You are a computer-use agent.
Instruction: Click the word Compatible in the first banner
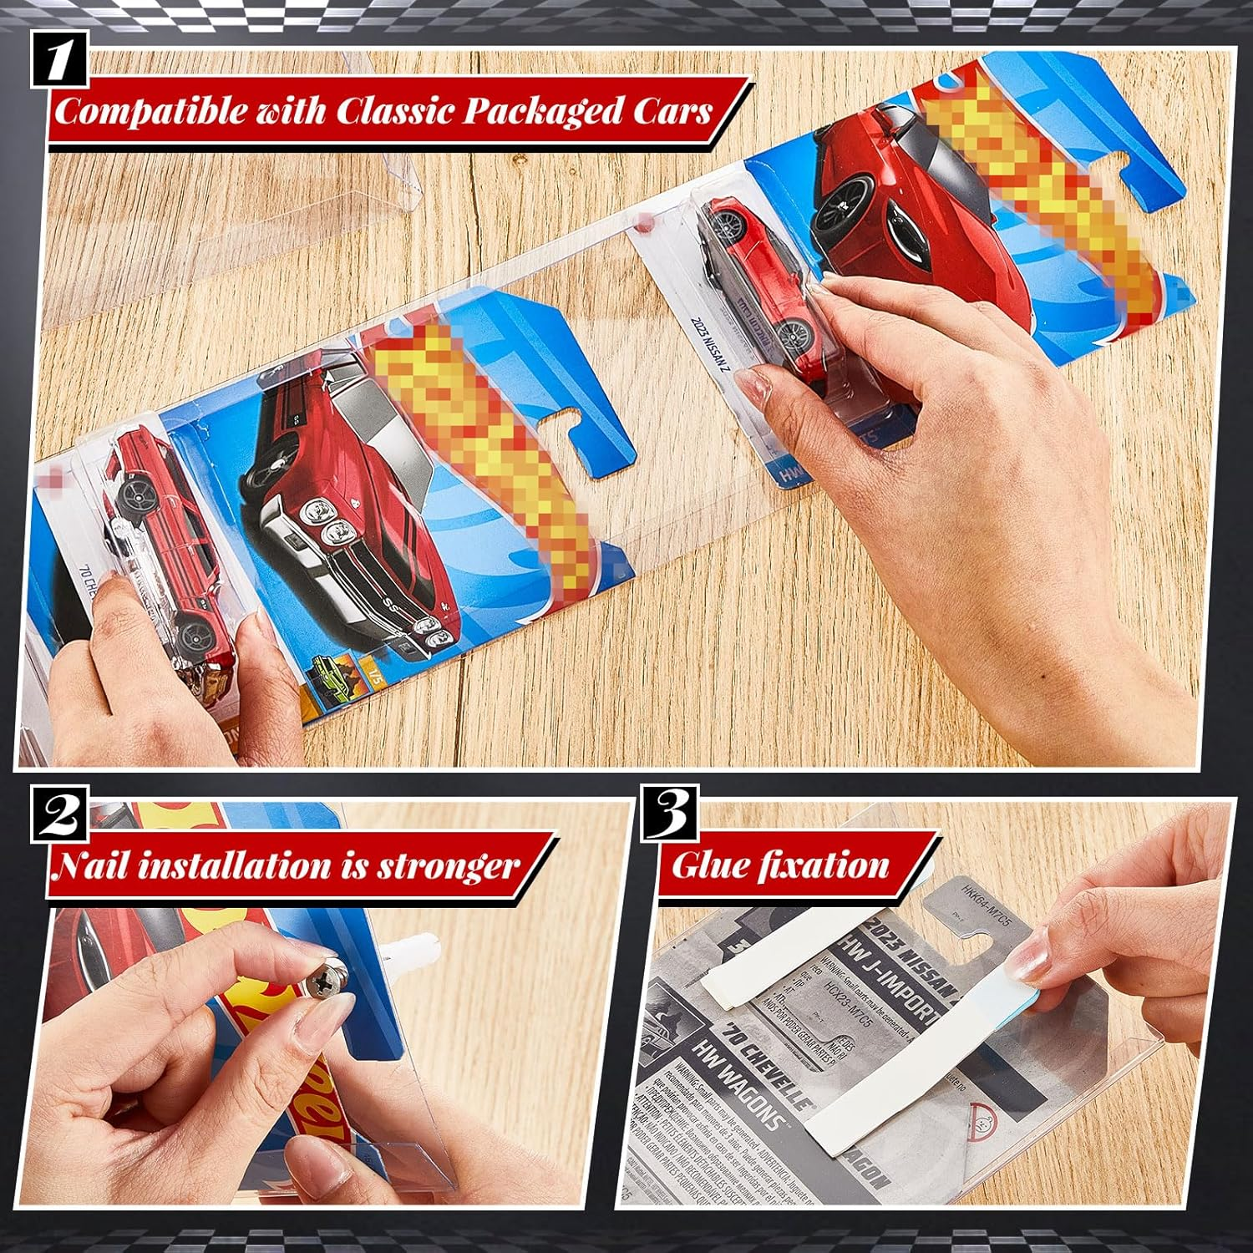point(150,110)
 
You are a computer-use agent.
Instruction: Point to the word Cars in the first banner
point(669,110)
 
